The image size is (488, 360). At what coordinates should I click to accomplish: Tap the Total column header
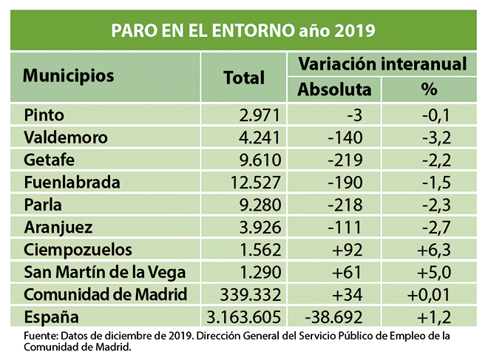(243, 77)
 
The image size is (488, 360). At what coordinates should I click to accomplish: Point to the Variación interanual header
(382, 64)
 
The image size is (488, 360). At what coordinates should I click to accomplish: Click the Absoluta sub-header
(334, 90)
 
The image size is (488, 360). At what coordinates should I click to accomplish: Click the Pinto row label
(44, 115)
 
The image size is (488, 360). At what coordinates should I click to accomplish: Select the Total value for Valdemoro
(256, 137)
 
